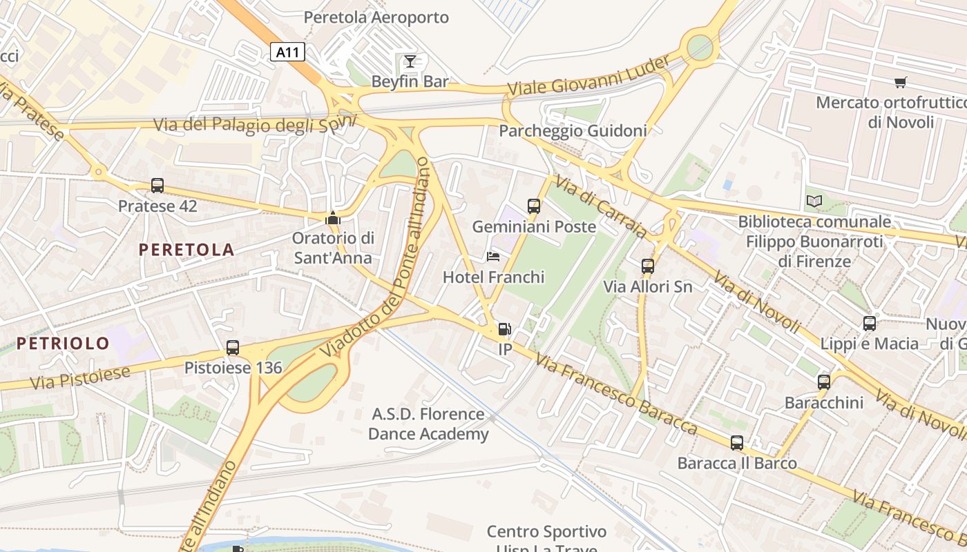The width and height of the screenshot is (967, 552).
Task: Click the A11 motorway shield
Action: tap(287, 52)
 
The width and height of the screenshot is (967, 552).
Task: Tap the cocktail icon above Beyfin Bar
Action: tap(410, 61)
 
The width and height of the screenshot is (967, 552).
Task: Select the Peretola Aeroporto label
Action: tap(376, 17)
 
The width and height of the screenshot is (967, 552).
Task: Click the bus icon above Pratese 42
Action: tap(157, 185)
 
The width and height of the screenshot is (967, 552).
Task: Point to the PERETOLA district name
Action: tap(186, 250)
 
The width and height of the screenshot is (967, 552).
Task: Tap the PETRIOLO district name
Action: tap(63, 343)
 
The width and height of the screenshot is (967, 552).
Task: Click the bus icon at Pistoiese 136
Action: tap(233, 348)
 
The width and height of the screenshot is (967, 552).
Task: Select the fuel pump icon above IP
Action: tap(506, 330)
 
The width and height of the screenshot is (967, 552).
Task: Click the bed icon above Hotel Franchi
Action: tap(493, 257)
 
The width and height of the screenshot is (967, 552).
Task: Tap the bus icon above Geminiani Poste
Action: tap(534, 206)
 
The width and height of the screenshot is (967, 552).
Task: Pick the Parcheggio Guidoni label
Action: tap(573, 130)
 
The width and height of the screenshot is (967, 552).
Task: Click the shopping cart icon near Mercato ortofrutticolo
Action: tap(900, 82)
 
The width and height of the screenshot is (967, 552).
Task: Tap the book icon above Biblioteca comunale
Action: tap(814, 201)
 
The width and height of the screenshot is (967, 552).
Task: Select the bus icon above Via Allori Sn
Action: tap(648, 266)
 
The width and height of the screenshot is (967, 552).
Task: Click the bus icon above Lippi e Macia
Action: tap(870, 323)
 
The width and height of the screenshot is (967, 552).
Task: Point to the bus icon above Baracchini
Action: tap(824, 382)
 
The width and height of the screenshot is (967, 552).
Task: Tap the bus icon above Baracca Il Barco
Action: tap(737, 443)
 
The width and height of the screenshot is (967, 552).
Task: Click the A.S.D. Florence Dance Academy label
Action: tap(428, 424)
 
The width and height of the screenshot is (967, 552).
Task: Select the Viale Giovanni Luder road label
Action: tap(588, 77)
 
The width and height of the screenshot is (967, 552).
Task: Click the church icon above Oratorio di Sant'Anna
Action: tap(333, 218)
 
